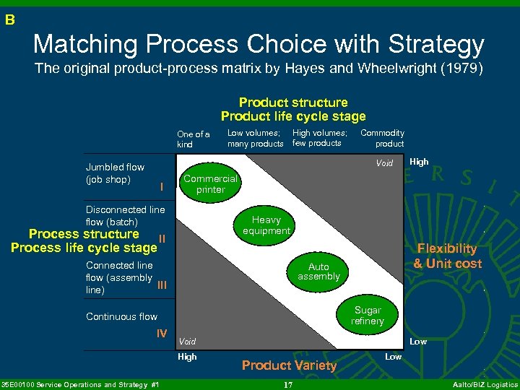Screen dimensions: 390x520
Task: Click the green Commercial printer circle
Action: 211,184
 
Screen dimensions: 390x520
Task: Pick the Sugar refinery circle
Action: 368,316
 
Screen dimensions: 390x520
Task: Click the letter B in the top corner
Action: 9,20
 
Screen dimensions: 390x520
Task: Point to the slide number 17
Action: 287,385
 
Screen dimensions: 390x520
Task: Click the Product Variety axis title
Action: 289,365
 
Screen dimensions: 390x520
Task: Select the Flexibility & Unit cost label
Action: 447,256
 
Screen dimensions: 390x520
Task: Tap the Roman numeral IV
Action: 162,333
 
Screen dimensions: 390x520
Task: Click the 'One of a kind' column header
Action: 194,139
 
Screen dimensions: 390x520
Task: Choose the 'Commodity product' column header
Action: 382,138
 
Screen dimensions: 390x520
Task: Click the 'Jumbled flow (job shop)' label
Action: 115,173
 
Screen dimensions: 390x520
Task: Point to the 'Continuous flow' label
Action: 121,316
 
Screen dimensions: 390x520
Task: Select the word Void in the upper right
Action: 384,163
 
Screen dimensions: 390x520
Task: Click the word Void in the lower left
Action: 187,341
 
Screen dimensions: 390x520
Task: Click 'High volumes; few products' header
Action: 319,138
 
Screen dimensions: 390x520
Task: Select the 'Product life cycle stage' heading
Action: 293,116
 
